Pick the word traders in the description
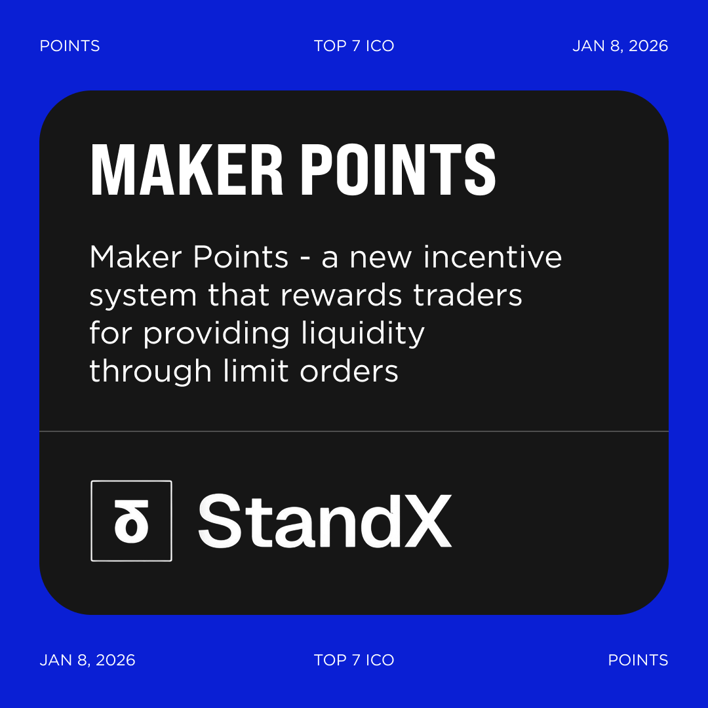[467, 296]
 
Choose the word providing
[216, 334]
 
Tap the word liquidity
[363, 334]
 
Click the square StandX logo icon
[131, 521]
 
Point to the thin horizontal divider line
[354, 431]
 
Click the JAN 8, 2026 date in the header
[619, 46]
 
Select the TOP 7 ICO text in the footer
[354, 659]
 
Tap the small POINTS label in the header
[69, 46]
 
